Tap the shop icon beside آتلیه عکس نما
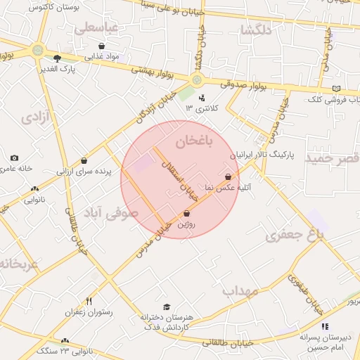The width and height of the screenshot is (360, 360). [228, 176]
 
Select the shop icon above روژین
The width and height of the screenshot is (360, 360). [186, 213]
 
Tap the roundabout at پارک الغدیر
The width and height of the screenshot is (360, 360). [37, 50]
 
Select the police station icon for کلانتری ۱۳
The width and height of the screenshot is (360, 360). [202, 98]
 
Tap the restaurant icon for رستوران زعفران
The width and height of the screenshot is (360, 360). [89, 301]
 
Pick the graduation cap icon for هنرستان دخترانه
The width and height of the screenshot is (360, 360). [167, 307]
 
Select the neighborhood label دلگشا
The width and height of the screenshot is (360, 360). [255, 30]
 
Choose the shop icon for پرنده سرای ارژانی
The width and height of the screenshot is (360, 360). [84, 160]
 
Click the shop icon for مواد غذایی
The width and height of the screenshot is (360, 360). [102, 46]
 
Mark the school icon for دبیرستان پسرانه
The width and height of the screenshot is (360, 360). [325, 326]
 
